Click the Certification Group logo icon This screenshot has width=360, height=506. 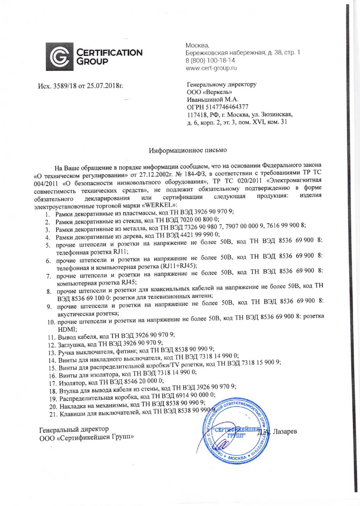(x=60, y=57)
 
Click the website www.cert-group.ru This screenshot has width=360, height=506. (x=211, y=68)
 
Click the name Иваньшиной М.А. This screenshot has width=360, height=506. (x=213, y=100)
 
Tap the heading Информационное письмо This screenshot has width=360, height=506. (x=188, y=150)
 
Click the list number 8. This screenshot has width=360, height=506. (x=49, y=292)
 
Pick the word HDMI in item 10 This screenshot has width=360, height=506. (x=65, y=330)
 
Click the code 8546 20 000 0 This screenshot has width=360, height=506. (x=144, y=381)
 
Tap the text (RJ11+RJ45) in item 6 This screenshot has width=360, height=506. (x=179, y=266)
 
